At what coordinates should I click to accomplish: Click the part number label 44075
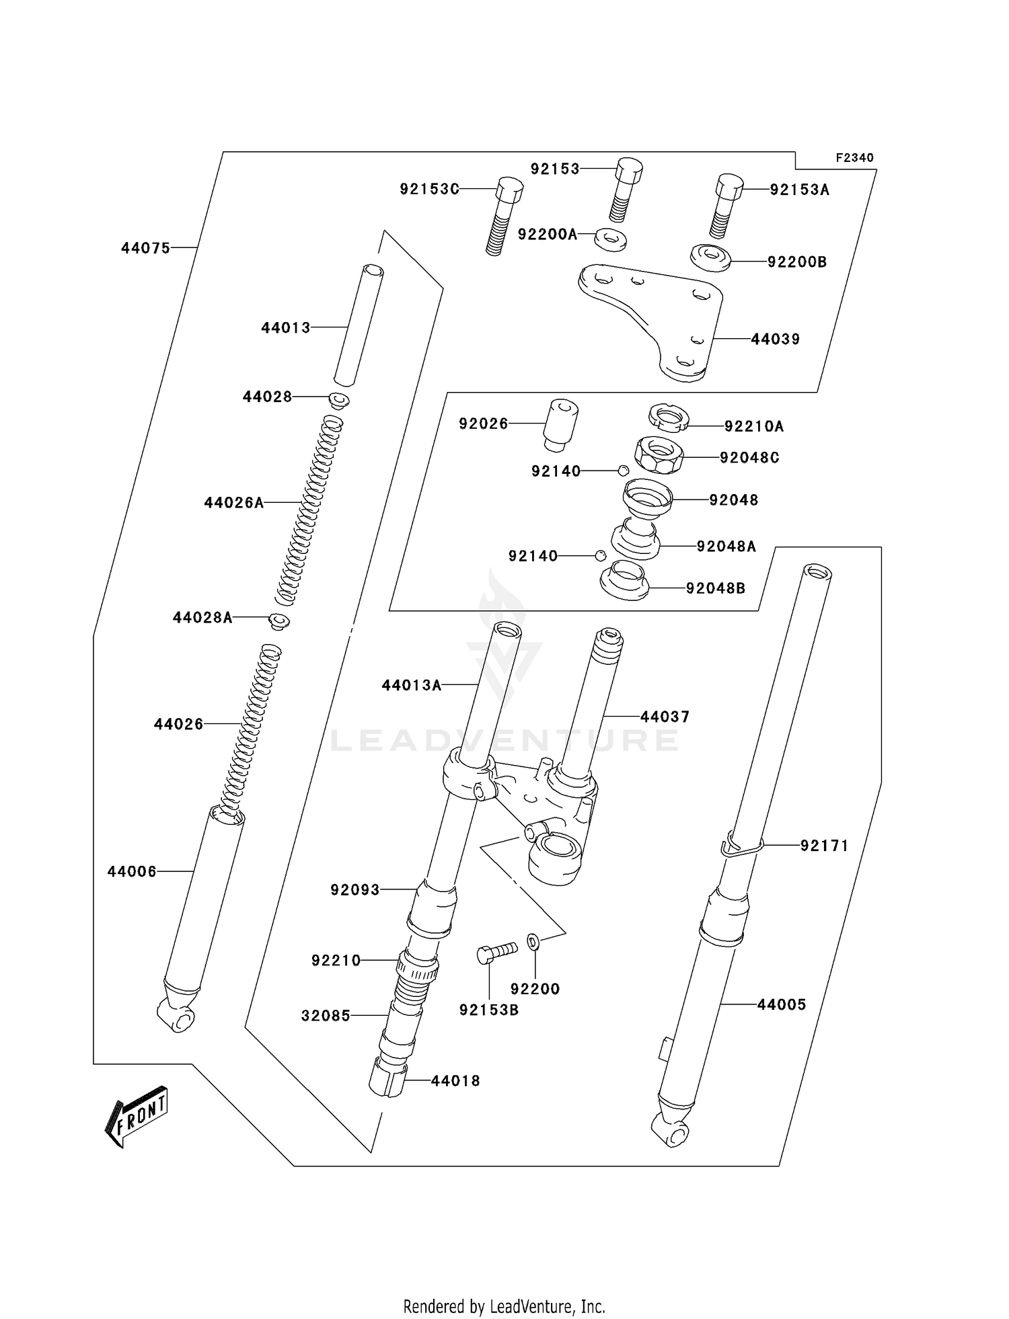[x=145, y=248]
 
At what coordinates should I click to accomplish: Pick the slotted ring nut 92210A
[x=669, y=417]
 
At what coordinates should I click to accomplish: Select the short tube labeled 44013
[x=358, y=324]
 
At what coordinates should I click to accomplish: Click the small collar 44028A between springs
[x=279, y=621]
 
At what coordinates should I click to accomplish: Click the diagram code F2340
[x=854, y=158]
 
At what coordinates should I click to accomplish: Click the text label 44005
[x=781, y=1004]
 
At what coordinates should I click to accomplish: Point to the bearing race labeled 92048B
[x=624, y=582]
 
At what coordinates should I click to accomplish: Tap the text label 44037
[x=665, y=717]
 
